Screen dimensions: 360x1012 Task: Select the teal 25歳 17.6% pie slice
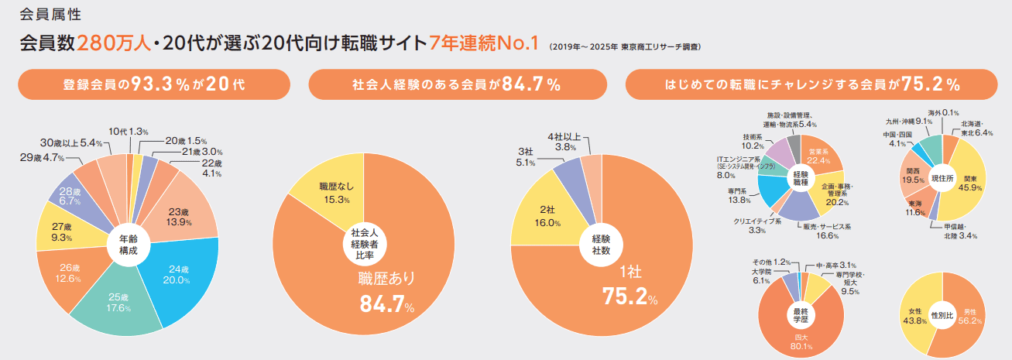pyautogui.click(x=119, y=302)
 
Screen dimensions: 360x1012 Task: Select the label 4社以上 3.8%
pyautogui.click(x=566, y=142)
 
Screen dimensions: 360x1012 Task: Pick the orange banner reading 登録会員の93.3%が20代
pyautogui.click(x=154, y=84)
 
